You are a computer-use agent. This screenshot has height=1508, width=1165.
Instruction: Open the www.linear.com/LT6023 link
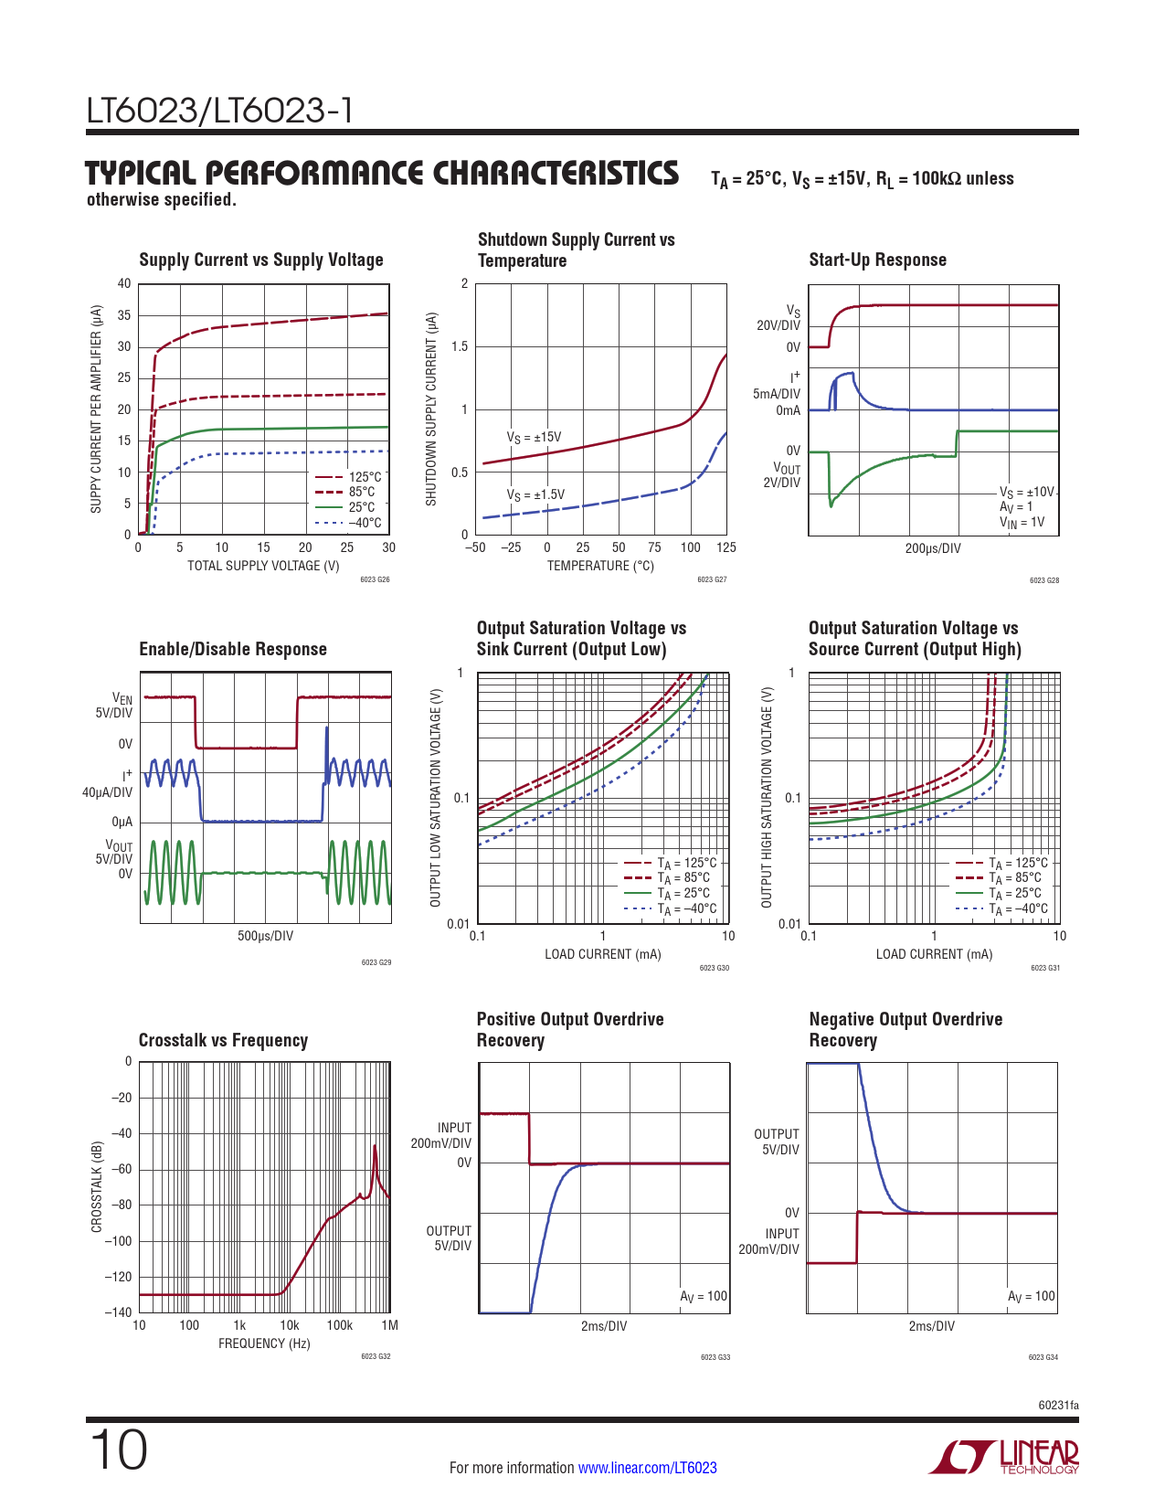pyautogui.click(x=647, y=1468)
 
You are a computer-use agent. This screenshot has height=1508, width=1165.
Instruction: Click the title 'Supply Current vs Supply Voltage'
pyautogui.click(x=260, y=260)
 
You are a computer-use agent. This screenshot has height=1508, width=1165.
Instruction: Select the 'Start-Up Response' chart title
pyautogui.click(x=877, y=260)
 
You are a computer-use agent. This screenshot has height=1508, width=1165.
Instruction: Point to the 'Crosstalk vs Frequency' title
pyautogui.click(x=223, y=1041)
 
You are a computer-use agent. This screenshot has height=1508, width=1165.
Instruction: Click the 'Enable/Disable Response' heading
pyautogui.click(x=232, y=650)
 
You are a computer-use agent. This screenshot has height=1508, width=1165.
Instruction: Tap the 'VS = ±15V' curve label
pyautogui.click(x=534, y=438)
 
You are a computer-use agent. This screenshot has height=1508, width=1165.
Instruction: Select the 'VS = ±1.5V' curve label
pyautogui.click(x=535, y=495)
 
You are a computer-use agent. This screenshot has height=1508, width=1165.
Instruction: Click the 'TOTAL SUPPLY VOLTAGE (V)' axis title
pyautogui.click(x=263, y=566)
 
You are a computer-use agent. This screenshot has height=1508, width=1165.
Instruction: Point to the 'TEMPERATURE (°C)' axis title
pyautogui.click(x=600, y=566)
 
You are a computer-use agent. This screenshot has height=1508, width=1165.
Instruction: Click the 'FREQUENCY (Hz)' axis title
pyautogui.click(x=264, y=1343)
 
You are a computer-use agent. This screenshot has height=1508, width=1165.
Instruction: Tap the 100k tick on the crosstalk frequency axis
pyautogui.click(x=339, y=1325)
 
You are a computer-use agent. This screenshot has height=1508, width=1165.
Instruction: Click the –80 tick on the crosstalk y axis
pyautogui.click(x=121, y=1205)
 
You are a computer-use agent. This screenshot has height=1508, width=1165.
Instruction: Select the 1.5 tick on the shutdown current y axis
pyautogui.click(x=460, y=346)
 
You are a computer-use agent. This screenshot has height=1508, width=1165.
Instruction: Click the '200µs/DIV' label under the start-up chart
pyautogui.click(x=932, y=548)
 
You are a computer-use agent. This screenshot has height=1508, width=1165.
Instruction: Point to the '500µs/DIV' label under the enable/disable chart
pyautogui.click(x=265, y=936)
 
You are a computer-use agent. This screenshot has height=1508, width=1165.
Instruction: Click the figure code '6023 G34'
pyautogui.click(x=1043, y=1357)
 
